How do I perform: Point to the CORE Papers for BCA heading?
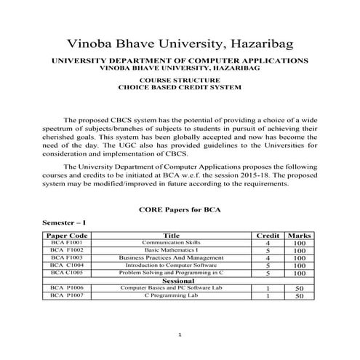[179, 209]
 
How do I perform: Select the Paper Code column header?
[67, 236]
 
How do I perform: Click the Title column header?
[172, 236]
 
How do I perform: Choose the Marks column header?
[299, 236]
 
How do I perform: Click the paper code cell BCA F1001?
[66, 244]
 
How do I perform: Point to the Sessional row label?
[178, 281]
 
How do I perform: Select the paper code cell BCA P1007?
[66, 296]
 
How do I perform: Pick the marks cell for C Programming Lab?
[299, 296]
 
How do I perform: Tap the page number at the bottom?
[179, 334]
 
